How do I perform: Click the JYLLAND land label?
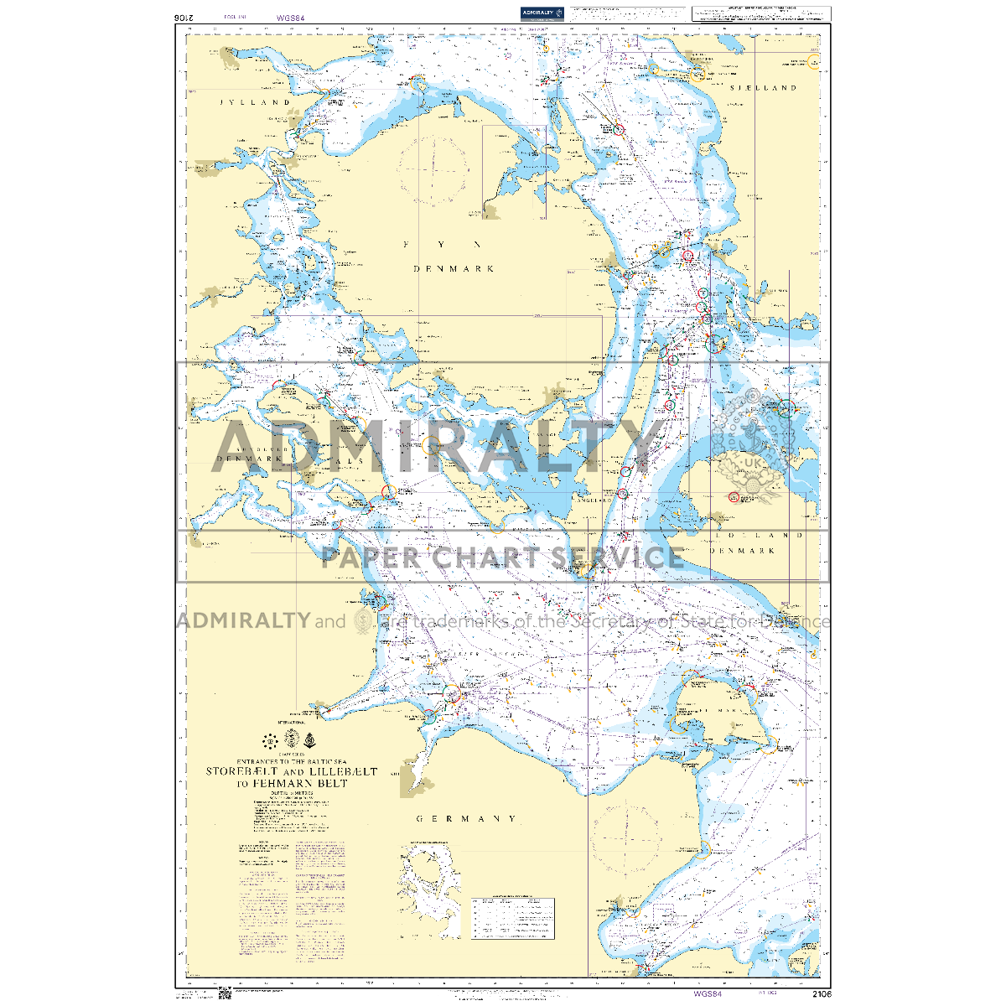point(255,102)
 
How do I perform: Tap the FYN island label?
point(442,245)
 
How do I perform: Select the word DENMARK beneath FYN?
point(453,269)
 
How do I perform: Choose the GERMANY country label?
point(467,818)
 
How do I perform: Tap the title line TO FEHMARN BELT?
point(291,784)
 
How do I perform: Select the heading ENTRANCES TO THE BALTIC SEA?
point(291,760)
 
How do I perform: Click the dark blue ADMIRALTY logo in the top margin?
point(541,13)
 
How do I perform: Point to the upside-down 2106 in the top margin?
point(185,16)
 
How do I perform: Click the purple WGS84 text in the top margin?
point(288,16)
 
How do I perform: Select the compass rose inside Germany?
point(625,834)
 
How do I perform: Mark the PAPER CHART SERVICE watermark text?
point(502,557)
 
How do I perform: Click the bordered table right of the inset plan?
point(512,917)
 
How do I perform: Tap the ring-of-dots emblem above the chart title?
point(270,740)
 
